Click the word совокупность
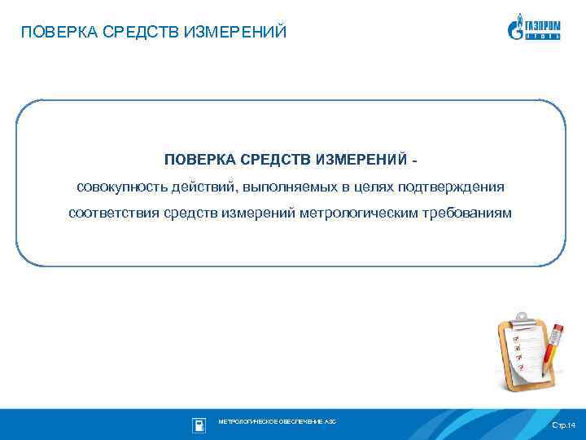click(121, 187)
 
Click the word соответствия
click(114, 213)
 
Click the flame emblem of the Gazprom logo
click(515, 28)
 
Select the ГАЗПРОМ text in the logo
click(542, 24)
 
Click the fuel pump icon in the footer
click(198, 425)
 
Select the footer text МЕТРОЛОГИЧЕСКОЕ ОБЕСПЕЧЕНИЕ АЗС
click(277, 421)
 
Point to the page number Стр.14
click(562, 425)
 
